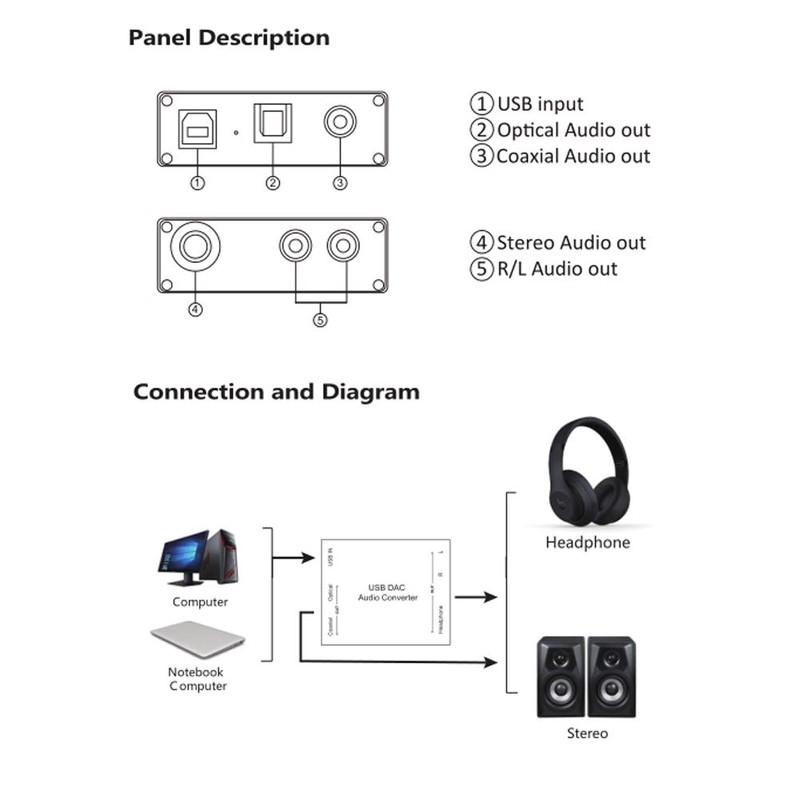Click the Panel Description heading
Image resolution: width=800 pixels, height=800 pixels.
(228, 39)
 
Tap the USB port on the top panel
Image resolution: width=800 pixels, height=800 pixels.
(196, 127)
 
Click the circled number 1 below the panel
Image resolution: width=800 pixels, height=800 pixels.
(197, 183)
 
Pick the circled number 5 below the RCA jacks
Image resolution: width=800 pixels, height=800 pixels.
(320, 320)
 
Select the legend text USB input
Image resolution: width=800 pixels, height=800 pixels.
(539, 104)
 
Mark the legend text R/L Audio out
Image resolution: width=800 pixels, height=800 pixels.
(556, 269)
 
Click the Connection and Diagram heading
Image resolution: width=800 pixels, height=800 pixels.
(276, 391)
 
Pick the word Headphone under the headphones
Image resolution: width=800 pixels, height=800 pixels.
(587, 543)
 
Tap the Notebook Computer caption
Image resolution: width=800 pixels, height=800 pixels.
(197, 679)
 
